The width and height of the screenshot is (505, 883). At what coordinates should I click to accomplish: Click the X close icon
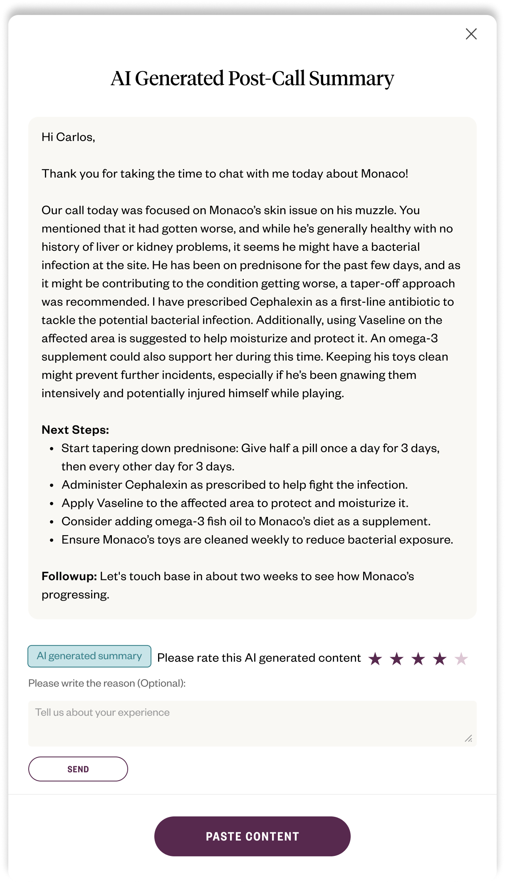tap(471, 34)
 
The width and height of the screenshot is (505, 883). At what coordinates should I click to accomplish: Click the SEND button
tap(78, 769)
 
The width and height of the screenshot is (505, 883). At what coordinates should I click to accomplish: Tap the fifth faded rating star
tap(461, 658)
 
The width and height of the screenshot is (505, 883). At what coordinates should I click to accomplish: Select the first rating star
tap(375, 658)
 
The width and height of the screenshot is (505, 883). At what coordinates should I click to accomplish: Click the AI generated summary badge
tap(89, 656)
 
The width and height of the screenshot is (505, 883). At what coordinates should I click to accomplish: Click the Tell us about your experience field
tap(252, 723)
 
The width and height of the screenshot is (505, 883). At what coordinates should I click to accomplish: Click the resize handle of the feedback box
tap(468, 738)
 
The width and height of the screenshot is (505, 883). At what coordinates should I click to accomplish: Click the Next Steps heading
tap(75, 430)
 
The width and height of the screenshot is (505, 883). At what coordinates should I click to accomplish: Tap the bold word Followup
tap(69, 576)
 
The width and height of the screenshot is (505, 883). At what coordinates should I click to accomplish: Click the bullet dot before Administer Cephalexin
tap(52, 485)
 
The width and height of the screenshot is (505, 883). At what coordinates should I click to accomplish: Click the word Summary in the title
tap(351, 78)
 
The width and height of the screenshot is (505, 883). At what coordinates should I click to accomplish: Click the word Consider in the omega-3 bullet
tap(86, 521)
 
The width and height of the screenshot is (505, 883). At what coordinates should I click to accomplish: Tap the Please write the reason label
tap(107, 683)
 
